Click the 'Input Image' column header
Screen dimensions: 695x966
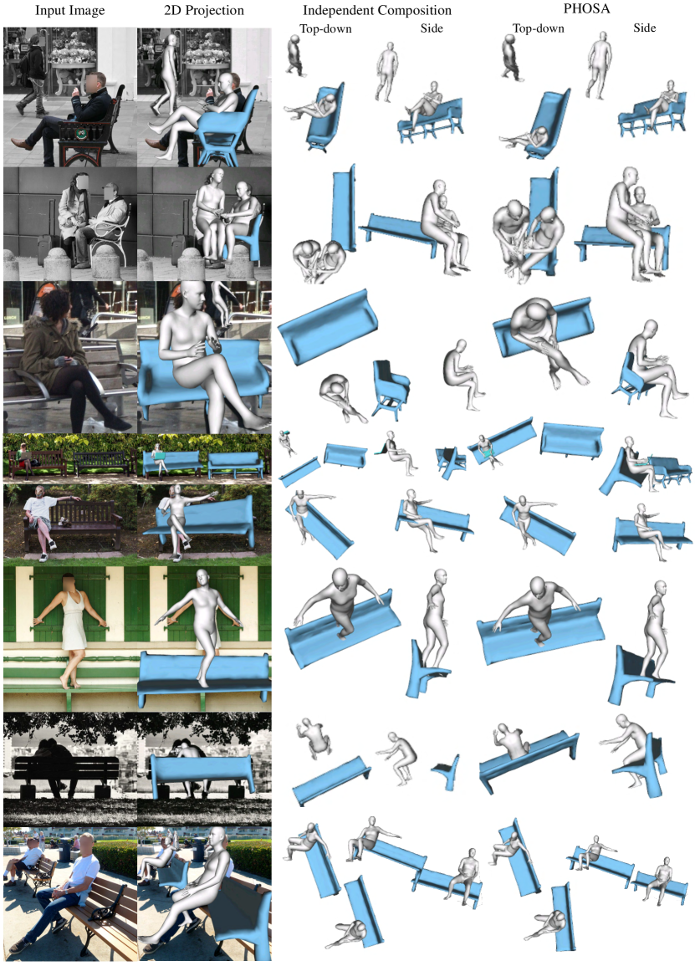[69, 11]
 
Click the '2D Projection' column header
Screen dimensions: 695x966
[204, 11]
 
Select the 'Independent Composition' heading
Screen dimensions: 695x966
[377, 11]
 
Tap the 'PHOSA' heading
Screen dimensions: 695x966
[586, 8]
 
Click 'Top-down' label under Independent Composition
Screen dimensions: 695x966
[325, 28]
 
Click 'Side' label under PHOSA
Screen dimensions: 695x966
[645, 28]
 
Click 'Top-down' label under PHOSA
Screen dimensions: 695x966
[539, 28]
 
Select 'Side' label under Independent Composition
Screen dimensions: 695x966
[432, 28]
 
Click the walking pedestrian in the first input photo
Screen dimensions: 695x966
[32, 74]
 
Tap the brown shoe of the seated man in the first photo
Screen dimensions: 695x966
[23, 145]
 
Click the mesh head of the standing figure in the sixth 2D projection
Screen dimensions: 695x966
[202, 577]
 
